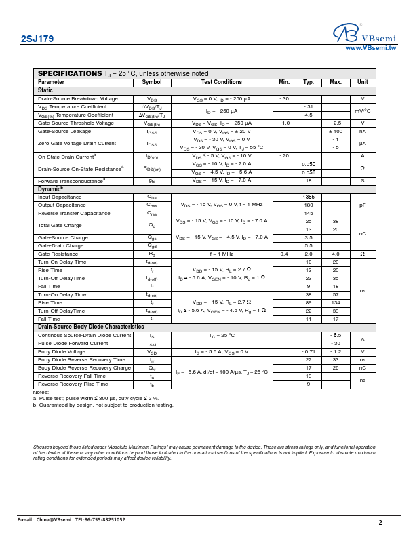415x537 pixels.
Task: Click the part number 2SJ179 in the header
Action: pyautogui.click(x=37, y=39)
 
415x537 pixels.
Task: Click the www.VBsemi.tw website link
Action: pyautogui.click(x=370, y=48)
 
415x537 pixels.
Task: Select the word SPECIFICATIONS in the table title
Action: pyautogui.click(x=70, y=73)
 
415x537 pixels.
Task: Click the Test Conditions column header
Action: pyautogui.click(x=221, y=83)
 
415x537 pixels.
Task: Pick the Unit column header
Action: pyautogui.click(x=363, y=83)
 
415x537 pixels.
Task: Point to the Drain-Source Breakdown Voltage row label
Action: pyautogui.click(x=78, y=99)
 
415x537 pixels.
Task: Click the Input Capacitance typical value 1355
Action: pyautogui.click(x=309, y=197)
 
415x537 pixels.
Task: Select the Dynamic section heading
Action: pyautogui.click(x=50, y=189)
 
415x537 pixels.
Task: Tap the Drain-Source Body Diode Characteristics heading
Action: pyautogui.click(x=91, y=327)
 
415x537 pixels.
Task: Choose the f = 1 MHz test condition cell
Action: pyautogui.click(x=221, y=254)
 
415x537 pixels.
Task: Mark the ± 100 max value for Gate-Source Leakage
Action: pyautogui.click(x=336, y=132)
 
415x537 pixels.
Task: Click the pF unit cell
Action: pyautogui.click(x=363, y=205)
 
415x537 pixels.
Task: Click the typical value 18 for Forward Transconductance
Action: pyautogui.click(x=309, y=181)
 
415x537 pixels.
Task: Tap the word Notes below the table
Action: pyautogui.click(x=41, y=392)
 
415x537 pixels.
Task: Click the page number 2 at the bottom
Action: pyautogui.click(x=380, y=523)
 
